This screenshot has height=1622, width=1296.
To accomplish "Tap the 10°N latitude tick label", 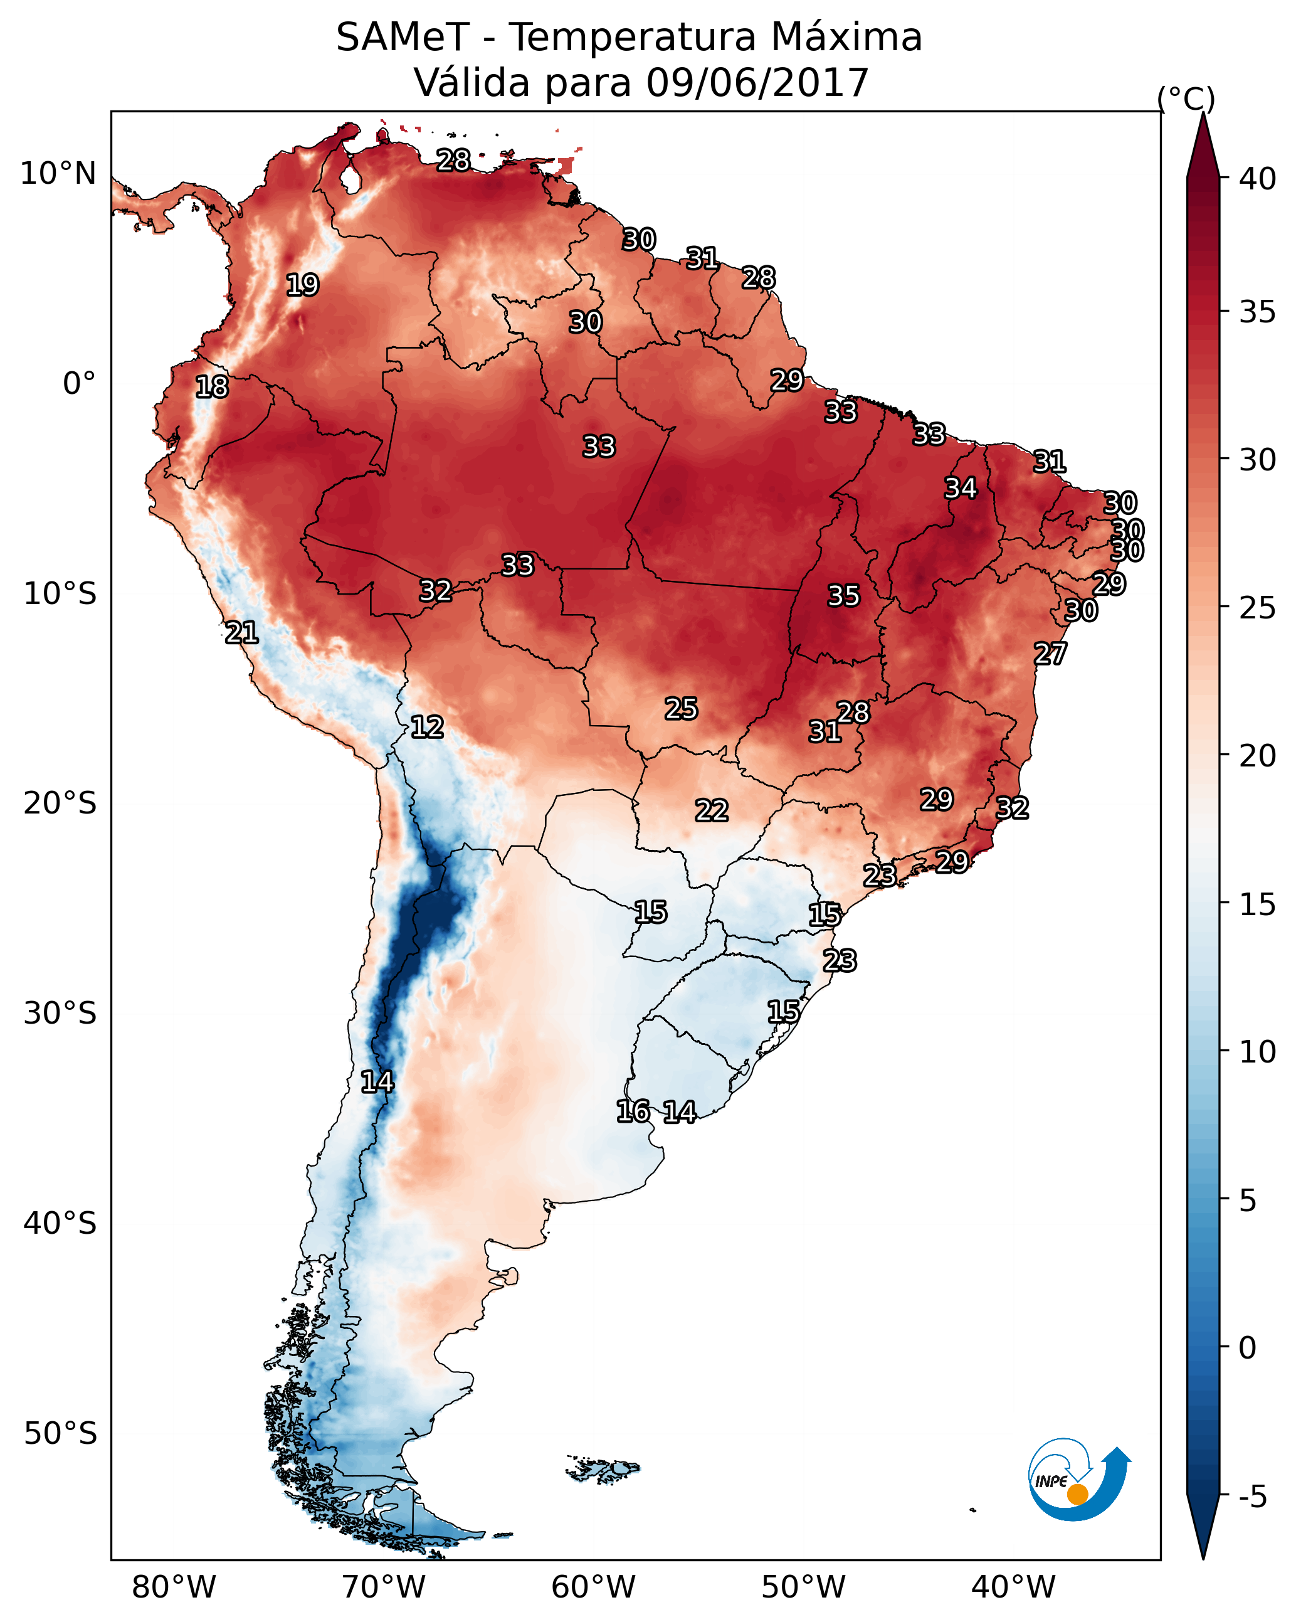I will tap(58, 174).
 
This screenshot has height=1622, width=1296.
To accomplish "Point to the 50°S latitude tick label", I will tap(60, 1433).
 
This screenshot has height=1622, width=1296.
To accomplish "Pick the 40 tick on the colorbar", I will tap(1258, 179).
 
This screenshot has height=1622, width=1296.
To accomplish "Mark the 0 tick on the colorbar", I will tap(1247, 1348).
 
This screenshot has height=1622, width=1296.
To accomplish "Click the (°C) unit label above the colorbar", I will tap(1186, 99).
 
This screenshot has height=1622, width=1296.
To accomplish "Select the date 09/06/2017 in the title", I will tap(757, 83).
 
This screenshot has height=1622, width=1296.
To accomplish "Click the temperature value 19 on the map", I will tap(302, 285).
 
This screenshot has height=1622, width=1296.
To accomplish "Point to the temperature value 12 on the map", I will tap(427, 727).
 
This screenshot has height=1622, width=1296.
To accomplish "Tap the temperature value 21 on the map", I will tap(241, 633).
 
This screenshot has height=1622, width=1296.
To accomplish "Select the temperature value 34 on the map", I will tap(961, 488).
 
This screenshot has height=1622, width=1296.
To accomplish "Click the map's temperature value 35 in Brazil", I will tap(843, 596).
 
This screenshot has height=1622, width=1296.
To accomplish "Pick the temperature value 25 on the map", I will tap(681, 709).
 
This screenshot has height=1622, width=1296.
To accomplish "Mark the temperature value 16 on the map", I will tap(633, 1111).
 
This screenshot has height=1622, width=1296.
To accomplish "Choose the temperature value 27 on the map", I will tap(1050, 654).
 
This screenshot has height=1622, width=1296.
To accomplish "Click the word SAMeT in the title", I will tap(403, 38).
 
